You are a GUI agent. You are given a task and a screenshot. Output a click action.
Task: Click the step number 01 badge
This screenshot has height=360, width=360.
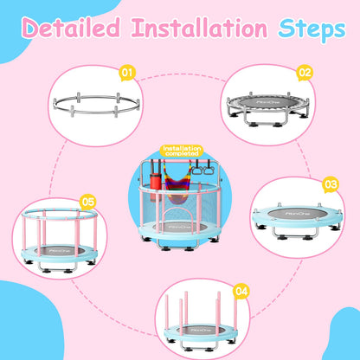point(127,72)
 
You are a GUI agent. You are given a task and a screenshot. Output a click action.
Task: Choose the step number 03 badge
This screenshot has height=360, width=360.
point(331,183)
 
